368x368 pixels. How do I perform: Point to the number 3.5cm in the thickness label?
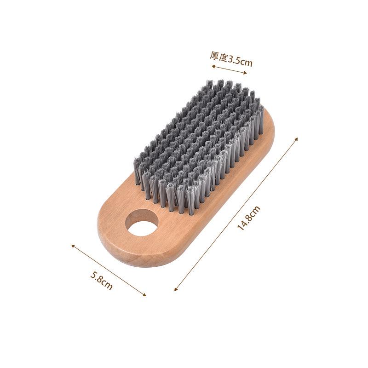point(241,60)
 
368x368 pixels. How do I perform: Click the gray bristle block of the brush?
point(198,143)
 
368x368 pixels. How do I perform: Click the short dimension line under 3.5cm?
point(230,69)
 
